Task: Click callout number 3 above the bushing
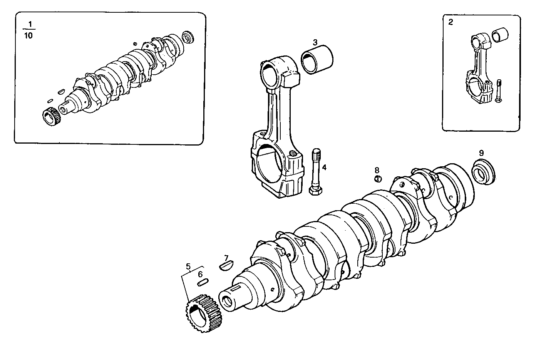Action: tap(315, 42)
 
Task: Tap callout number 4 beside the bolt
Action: tap(324, 167)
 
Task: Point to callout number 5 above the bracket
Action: tap(188, 266)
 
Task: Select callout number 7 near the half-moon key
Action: tap(226, 258)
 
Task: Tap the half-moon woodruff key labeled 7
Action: tap(225, 265)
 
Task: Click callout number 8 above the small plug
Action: tap(377, 170)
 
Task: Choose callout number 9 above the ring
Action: tap(481, 152)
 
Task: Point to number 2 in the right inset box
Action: tap(451, 22)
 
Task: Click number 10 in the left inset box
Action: tap(29, 36)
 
